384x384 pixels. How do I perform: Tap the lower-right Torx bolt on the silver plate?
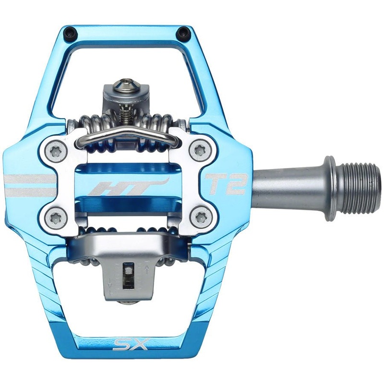click(198, 217)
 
